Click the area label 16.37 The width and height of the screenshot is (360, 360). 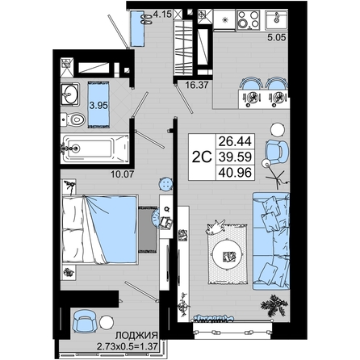197,85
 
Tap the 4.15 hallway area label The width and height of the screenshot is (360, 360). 162,14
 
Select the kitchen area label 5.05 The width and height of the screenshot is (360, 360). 276,37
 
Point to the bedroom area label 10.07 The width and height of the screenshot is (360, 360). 123,174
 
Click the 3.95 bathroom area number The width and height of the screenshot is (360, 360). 98,106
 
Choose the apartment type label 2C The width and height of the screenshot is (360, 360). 202,157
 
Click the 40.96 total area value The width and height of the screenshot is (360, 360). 235,172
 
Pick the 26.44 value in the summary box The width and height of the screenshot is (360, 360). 235,141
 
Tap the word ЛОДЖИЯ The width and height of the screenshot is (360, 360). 136,335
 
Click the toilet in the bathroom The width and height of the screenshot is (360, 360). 73,119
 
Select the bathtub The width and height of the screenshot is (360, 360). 95,149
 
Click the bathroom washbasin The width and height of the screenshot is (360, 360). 70,94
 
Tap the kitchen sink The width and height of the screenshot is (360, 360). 276,20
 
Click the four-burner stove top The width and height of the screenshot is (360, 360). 249,19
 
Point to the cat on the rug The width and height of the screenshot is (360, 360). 216,227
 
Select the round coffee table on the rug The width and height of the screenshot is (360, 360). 228,254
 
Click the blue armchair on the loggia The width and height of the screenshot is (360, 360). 84,321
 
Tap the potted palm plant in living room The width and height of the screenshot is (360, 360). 274,305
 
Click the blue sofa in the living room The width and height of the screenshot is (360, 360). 270,241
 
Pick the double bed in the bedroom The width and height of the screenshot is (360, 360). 100,229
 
